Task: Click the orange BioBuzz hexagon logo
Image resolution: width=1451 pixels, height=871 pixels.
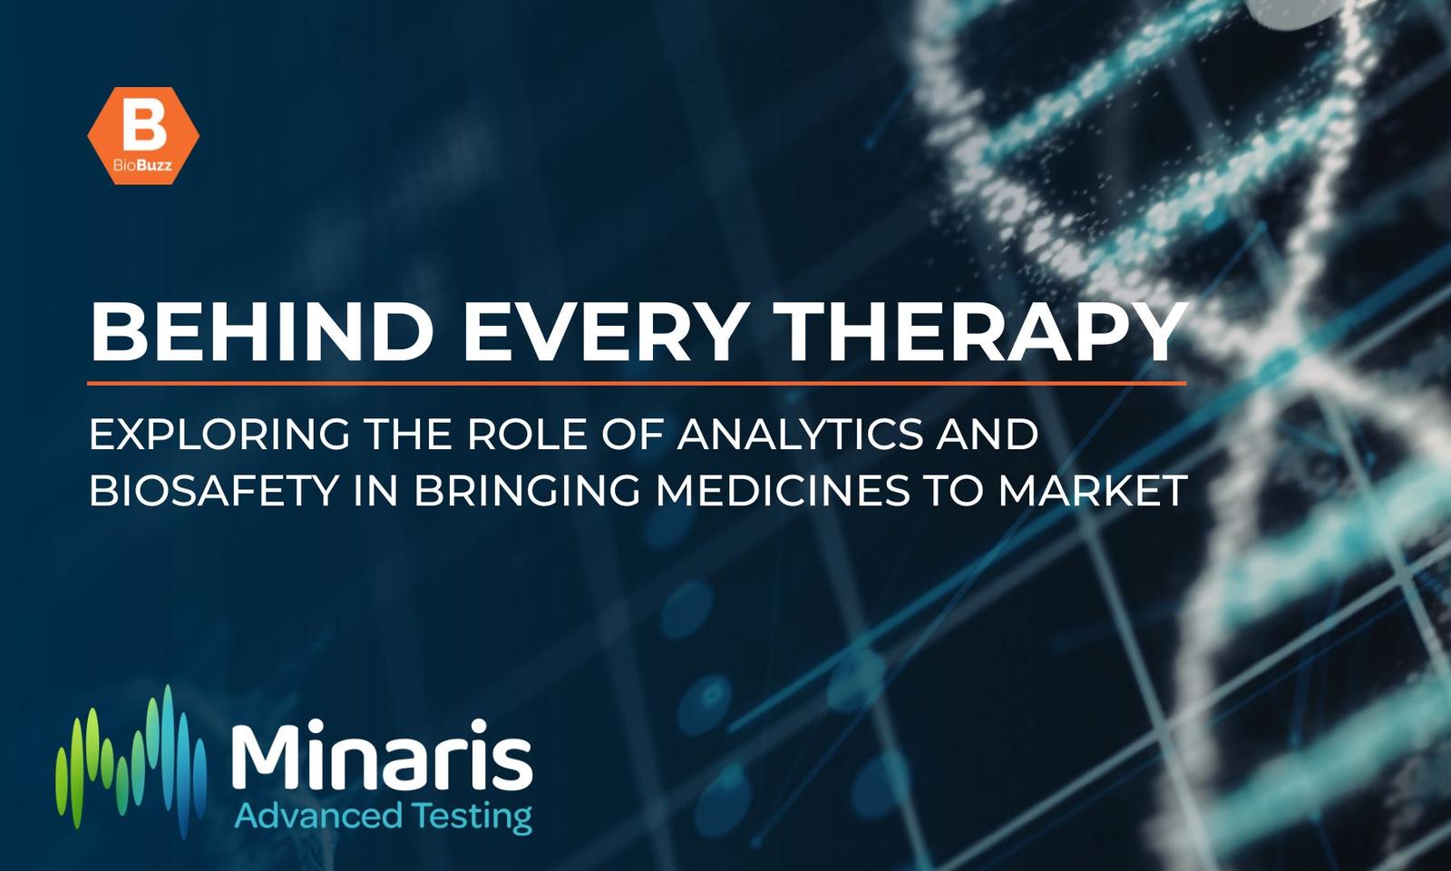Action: coord(143,135)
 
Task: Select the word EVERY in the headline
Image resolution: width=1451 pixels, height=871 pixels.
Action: coord(601,332)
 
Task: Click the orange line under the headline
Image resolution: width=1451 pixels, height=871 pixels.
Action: coord(637,383)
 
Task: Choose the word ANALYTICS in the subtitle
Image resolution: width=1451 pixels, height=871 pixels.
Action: coord(799,435)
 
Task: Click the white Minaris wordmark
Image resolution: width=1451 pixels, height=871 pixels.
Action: coord(382,755)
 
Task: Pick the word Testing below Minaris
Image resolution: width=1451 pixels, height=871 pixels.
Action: coord(473,817)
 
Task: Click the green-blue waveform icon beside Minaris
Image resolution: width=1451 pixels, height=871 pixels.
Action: coord(131,761)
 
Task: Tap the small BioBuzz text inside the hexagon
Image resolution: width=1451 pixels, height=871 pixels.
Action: coord(142,165)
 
